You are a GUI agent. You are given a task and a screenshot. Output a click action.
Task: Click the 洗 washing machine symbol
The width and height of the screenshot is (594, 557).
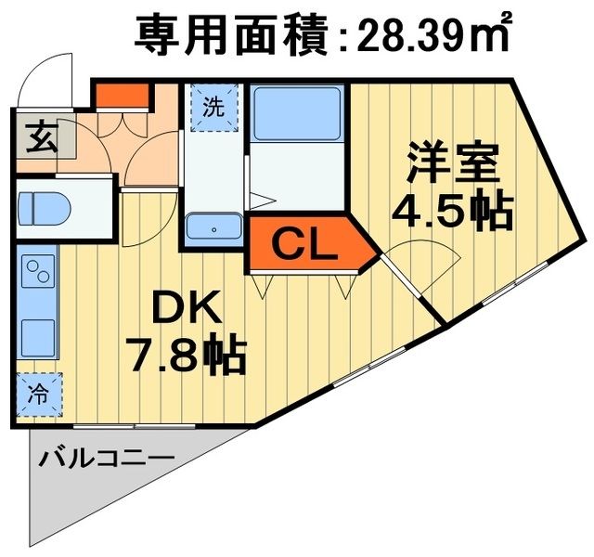click(214, 105)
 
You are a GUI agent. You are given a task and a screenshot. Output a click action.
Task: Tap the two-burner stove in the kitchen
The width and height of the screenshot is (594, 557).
click(38, 273)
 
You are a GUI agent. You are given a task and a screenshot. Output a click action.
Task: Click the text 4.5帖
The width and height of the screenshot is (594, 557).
click(451, 212)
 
